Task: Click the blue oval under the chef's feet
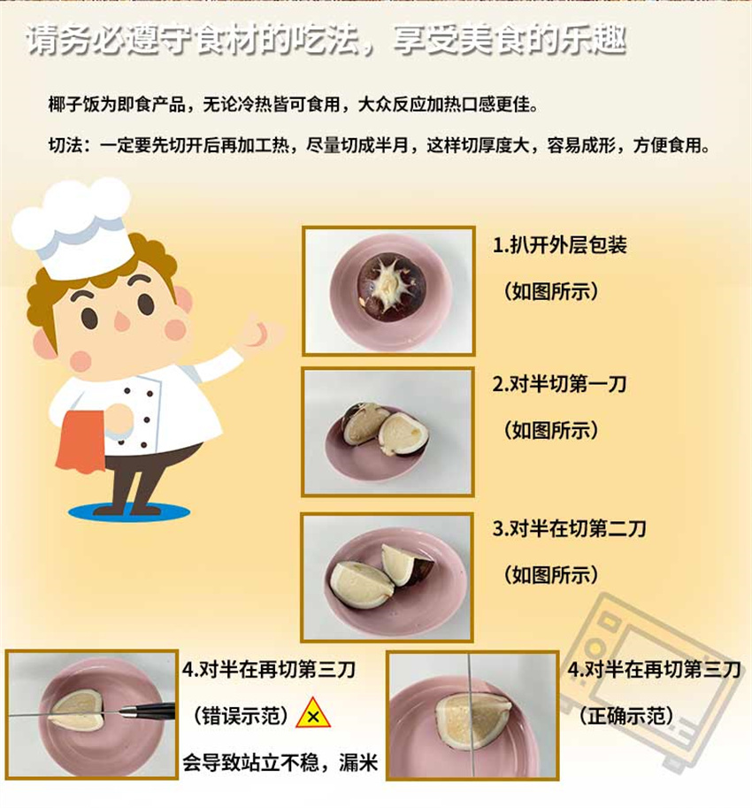click(129, 512)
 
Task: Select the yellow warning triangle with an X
click(312, 714)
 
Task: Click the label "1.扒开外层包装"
click(559, 245)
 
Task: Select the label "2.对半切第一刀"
click(559, 384)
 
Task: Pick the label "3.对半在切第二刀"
click(569, 528)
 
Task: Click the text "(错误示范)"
click(241, 716)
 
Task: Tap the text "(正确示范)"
click(625, 716)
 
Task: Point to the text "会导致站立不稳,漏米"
click(280, 762)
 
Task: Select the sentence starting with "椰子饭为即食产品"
click(294, 104)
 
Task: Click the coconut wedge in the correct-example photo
click(472, 718)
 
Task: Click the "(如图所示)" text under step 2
click(550, 430)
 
